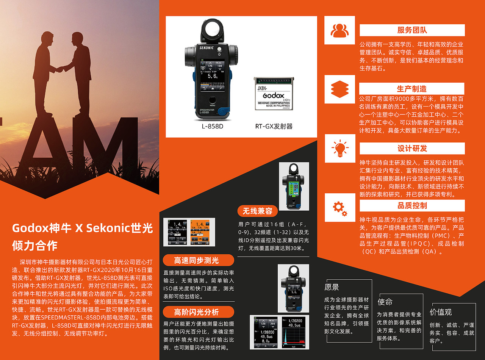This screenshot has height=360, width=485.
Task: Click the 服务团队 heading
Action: click(x=412, y=30)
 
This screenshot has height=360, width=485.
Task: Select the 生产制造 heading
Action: click(x=411, y=89)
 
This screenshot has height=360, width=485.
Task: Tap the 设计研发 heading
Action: click(x=412, y=148)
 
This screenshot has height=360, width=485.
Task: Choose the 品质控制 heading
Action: click(x=412, y=206)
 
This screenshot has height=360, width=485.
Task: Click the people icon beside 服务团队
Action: click(x=339, y=30)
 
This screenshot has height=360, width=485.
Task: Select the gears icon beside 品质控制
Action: click(x=339, y=207)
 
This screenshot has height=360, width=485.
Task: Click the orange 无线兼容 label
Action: click(x=258, y=211)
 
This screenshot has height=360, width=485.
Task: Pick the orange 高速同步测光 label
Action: click(x=196, y=260)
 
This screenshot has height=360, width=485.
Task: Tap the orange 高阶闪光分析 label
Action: click(x=196, y=312)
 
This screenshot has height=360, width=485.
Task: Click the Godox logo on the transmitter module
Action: click(x=273, y=95)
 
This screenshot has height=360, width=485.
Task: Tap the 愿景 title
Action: click(x=332, y=287)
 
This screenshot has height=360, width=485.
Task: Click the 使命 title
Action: click(x=385, y=302)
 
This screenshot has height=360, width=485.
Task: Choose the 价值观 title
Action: click(x=441, y=312)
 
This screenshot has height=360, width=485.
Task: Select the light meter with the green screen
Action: click(x=294, y=186)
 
